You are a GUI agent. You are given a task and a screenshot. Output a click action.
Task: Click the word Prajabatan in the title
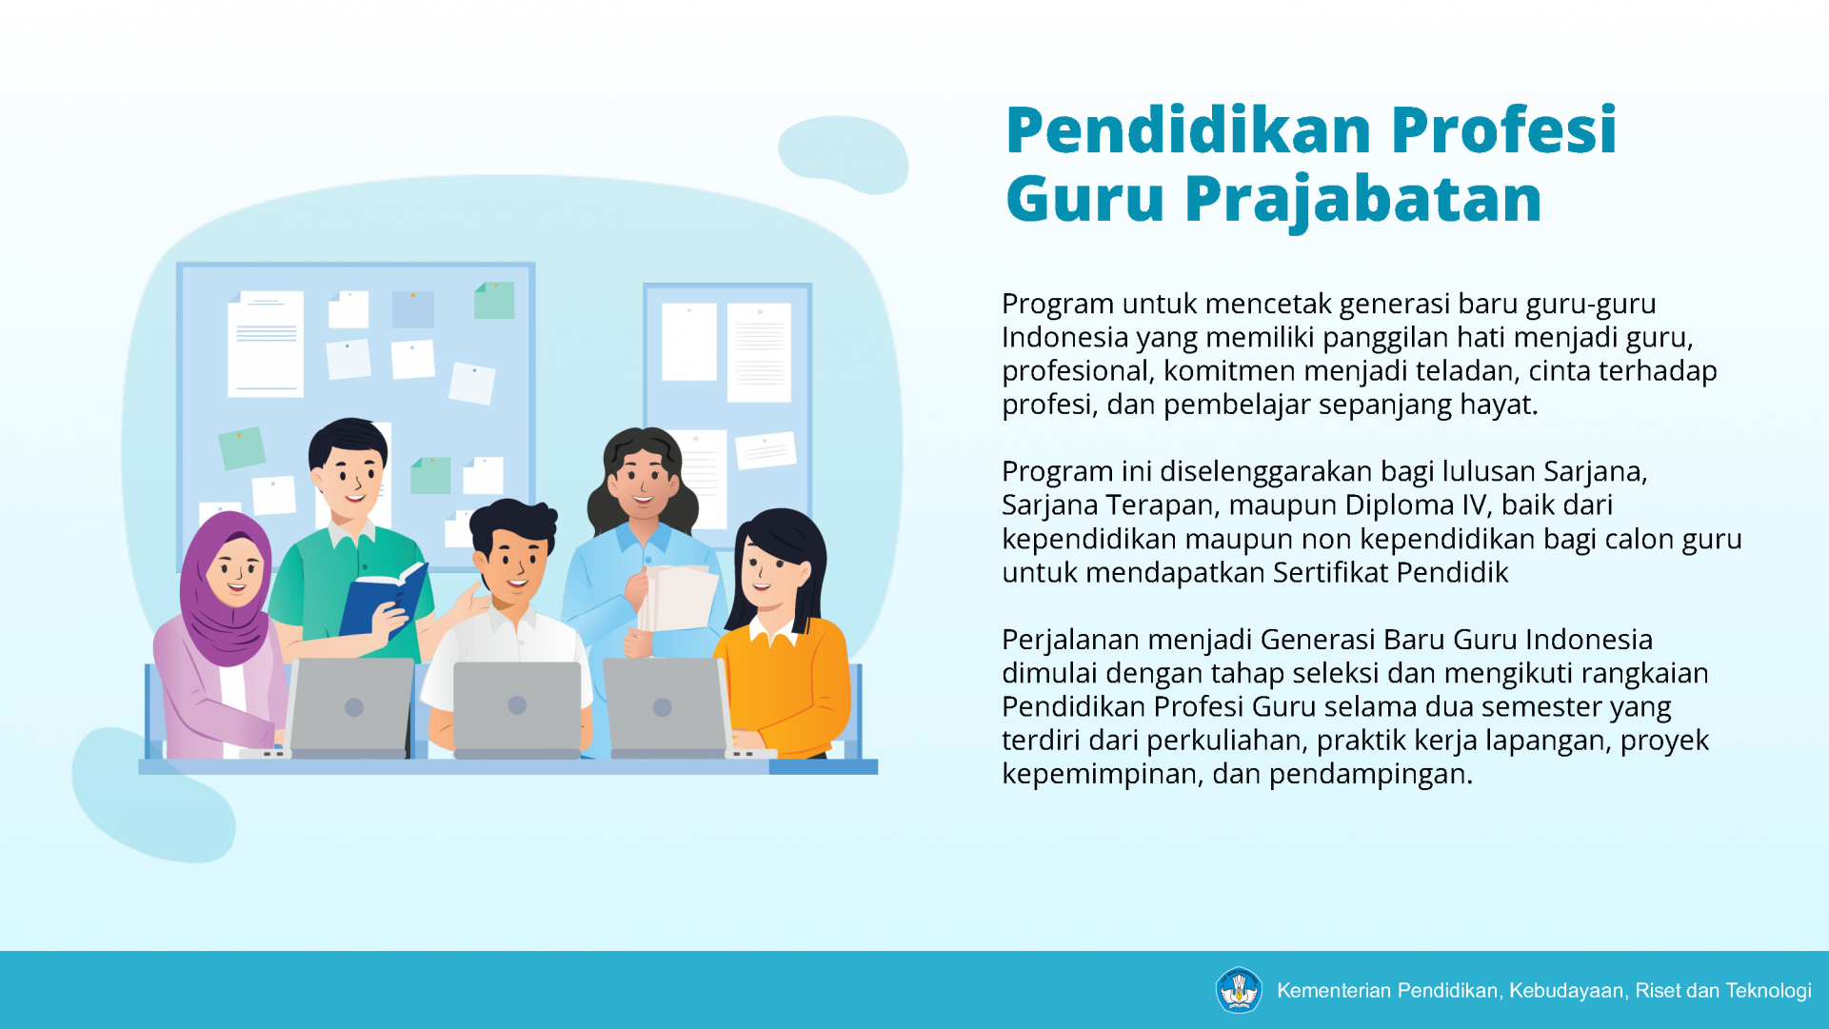click(1362, 200)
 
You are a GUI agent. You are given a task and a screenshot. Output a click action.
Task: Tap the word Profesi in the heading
click(1503, 129)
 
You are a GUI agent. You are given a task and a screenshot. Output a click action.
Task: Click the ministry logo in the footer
click(1239, 990)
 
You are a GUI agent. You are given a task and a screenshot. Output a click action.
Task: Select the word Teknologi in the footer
click(1768, 991)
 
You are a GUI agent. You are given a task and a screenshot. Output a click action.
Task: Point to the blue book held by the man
click(383, 604)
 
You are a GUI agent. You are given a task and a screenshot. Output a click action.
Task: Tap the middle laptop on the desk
click(517, 709)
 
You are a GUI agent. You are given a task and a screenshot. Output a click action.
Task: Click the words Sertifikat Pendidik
click(1390, 572)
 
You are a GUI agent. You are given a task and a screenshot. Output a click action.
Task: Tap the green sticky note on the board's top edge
click(494, 300)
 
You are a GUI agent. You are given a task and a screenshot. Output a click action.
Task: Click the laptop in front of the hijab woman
click(350, 707)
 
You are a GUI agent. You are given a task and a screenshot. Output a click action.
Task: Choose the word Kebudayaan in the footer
click(1566, 991)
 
